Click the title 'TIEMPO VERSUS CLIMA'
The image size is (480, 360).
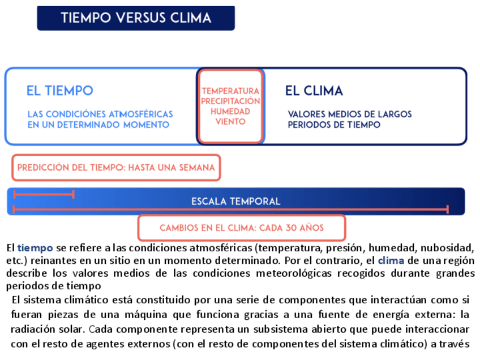coord(136,18)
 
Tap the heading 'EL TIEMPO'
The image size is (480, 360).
coord(59,91)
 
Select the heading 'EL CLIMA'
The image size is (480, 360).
coord(314,91)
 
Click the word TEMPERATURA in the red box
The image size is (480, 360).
coord(230,91)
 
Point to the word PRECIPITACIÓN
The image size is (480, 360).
coord(230,101)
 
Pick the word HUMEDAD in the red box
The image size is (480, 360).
coord(230,112)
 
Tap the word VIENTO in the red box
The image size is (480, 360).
coord(230,122)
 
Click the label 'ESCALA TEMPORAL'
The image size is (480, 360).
coord(235,202)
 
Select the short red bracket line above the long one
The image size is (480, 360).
coord(44,194)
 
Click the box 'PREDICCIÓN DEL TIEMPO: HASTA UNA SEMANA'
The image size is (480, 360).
coord(116,168)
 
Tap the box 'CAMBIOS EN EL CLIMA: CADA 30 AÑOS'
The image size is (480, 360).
coord(242,228)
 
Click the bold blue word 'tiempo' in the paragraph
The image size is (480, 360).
coord(35,248)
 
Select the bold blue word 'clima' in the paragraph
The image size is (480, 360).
coord(391,261)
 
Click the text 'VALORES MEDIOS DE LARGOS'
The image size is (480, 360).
coord(349,114)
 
